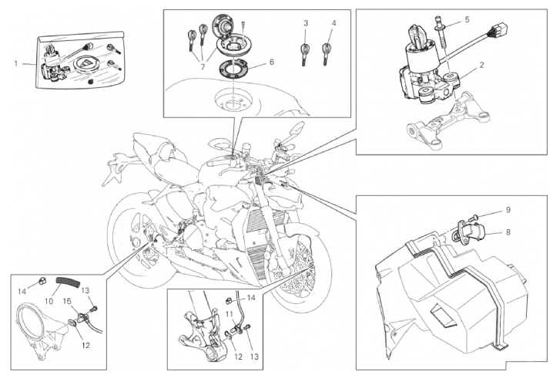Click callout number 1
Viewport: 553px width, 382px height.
pyautogui.click(x=15, y=63)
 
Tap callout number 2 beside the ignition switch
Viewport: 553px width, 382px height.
pyautogui.click(x=481, y=65)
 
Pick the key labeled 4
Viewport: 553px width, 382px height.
pyautogui.click(x=327, y=52)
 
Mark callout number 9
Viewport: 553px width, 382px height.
pyautogui.click(x=508, y=209)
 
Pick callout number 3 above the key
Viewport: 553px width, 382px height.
pyautogui.click(x=306, y=24)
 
